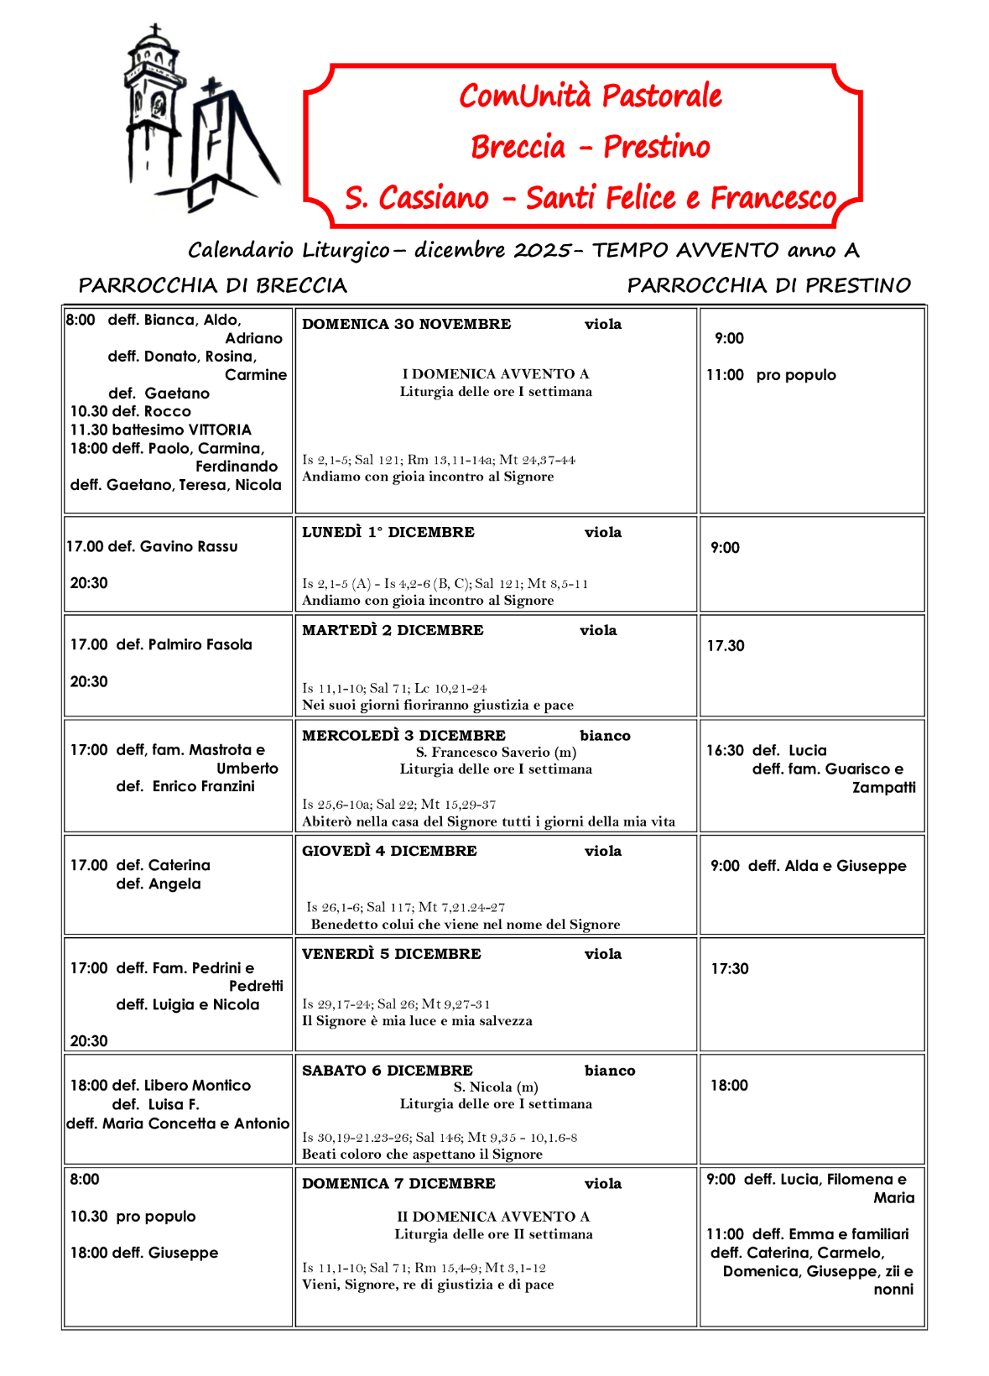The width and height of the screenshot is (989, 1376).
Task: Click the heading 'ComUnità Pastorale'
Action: [590, 96]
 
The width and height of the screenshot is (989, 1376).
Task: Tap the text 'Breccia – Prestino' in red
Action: [590, 147]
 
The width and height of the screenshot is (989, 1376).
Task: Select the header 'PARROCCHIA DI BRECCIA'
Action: [212, 285]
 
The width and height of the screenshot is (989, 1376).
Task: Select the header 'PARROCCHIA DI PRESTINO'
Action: [768, 285]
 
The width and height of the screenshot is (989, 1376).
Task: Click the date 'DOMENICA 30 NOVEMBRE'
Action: [406, 324]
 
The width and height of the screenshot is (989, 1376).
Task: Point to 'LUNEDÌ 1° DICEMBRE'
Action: [388, 532]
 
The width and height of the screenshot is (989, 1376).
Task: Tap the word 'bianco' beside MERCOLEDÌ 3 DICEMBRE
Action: [605, 736]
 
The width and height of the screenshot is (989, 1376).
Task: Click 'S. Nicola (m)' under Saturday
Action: [496, 1087]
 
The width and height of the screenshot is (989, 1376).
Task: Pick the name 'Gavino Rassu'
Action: [189, 546]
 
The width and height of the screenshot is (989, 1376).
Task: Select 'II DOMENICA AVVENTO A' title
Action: [493, 1217]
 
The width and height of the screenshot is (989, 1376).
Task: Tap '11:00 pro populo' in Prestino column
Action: [771, 375]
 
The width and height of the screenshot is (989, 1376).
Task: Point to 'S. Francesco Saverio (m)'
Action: [496, 752]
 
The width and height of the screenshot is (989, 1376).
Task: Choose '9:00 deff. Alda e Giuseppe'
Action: [808, 866]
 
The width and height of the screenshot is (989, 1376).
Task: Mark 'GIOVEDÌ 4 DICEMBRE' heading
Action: [389, 851]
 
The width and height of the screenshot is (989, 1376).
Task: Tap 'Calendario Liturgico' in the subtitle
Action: [289, 250]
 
